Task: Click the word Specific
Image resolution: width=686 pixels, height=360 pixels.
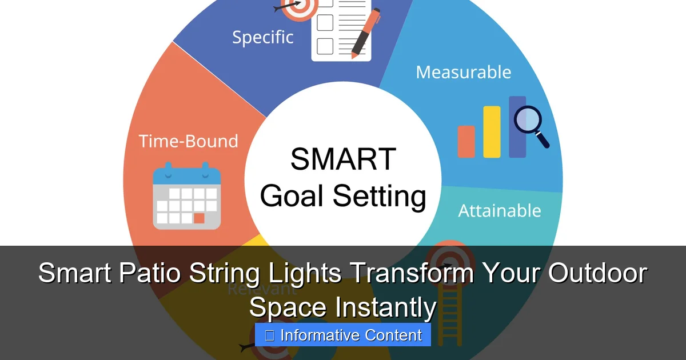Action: tap(262, 37)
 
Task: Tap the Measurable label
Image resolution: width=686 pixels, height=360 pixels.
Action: tap(463, 72)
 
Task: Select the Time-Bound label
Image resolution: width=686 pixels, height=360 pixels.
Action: tap(188, 141)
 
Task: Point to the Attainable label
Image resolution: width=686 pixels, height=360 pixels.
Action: tap(499, 210)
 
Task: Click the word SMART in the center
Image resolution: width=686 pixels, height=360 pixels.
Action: tap(343, 159)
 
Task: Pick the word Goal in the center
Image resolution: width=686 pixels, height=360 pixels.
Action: tap(292, 196)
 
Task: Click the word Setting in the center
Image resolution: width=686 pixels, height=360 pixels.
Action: tap(380, 197)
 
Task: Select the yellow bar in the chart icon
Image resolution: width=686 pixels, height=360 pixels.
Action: tap(492, 131)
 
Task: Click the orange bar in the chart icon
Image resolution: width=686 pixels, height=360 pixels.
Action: tap(466, 141)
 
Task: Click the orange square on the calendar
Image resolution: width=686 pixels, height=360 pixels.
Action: tap(199, 218)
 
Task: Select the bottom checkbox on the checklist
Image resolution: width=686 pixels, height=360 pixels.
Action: tap(325, 45)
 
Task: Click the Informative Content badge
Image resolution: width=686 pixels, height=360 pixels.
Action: tap(343, 335)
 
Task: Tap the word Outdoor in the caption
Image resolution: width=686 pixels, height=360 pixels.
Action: tap(597, 273)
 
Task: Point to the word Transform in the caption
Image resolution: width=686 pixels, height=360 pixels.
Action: tap(412, 273)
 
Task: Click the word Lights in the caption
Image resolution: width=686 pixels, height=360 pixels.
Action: tap(301, 273)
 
